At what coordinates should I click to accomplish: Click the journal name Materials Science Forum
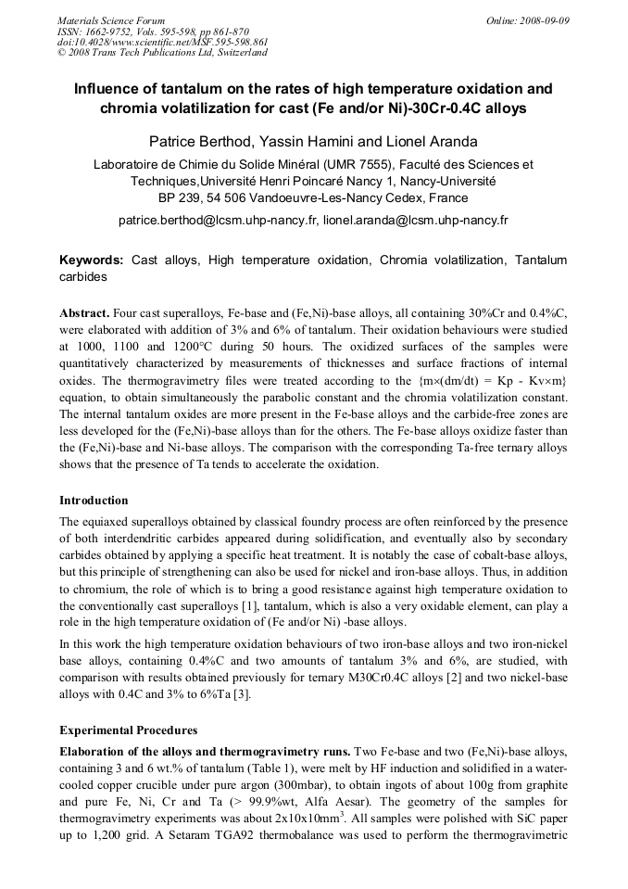(x=111, y=20)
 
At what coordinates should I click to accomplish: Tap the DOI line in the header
(x=162, y=42)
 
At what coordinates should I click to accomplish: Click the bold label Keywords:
(x=92, y=260)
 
